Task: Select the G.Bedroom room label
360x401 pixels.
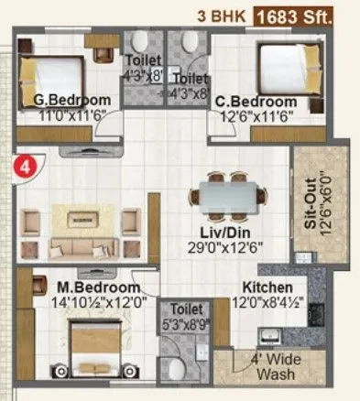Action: tap(72, 100)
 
